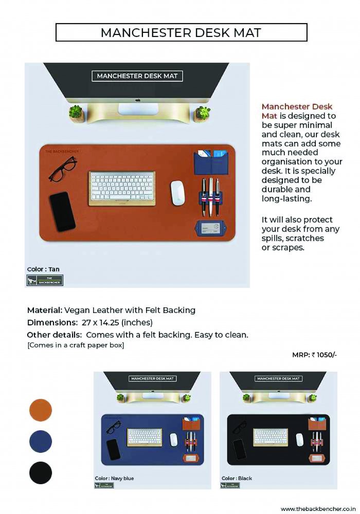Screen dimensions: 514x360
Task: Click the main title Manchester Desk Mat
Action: [x=181, y=33]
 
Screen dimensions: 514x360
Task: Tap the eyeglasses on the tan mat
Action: [x=63, y=169]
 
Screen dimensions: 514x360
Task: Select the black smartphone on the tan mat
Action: [x=63, y=211]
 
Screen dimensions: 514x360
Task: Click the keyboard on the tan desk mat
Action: [x=122, y=189]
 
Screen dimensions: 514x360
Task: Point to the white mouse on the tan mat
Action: [x=178, y=193]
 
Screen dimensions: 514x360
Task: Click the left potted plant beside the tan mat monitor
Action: [x=77, y=114]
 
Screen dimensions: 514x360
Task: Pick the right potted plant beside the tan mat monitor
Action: [x=202, y=114]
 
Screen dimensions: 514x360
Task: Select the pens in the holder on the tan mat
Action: [x=211, y=196]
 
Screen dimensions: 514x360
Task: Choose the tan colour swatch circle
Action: [x=41, y=410]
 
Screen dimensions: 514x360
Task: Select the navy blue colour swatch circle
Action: [x=41, y=442]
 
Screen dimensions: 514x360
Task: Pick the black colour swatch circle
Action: [x=41, y=473]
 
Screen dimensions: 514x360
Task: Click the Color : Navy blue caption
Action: [x=114, y=479]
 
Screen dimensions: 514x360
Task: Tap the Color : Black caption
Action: [x=237, y=479]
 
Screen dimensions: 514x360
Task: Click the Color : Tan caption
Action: [x=43, y=269]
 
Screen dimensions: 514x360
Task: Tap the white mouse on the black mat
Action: [x=299, y=439]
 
